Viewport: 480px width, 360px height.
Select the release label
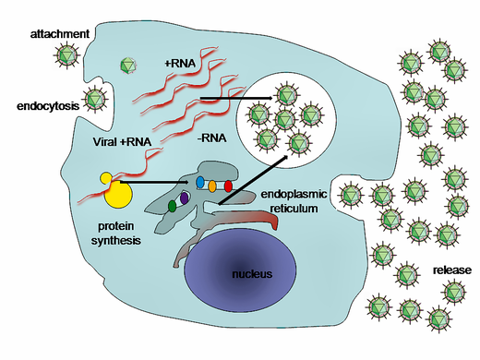pos(451,270)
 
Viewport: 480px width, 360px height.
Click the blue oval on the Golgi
pos(199,184)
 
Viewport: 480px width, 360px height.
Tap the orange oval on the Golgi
pos(213,186)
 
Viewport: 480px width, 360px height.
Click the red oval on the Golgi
pos(228,187)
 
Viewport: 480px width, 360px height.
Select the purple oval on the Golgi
pos(185,198)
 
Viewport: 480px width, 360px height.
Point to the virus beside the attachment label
pos(67,54)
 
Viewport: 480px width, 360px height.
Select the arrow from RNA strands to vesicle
pos(235,97)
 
